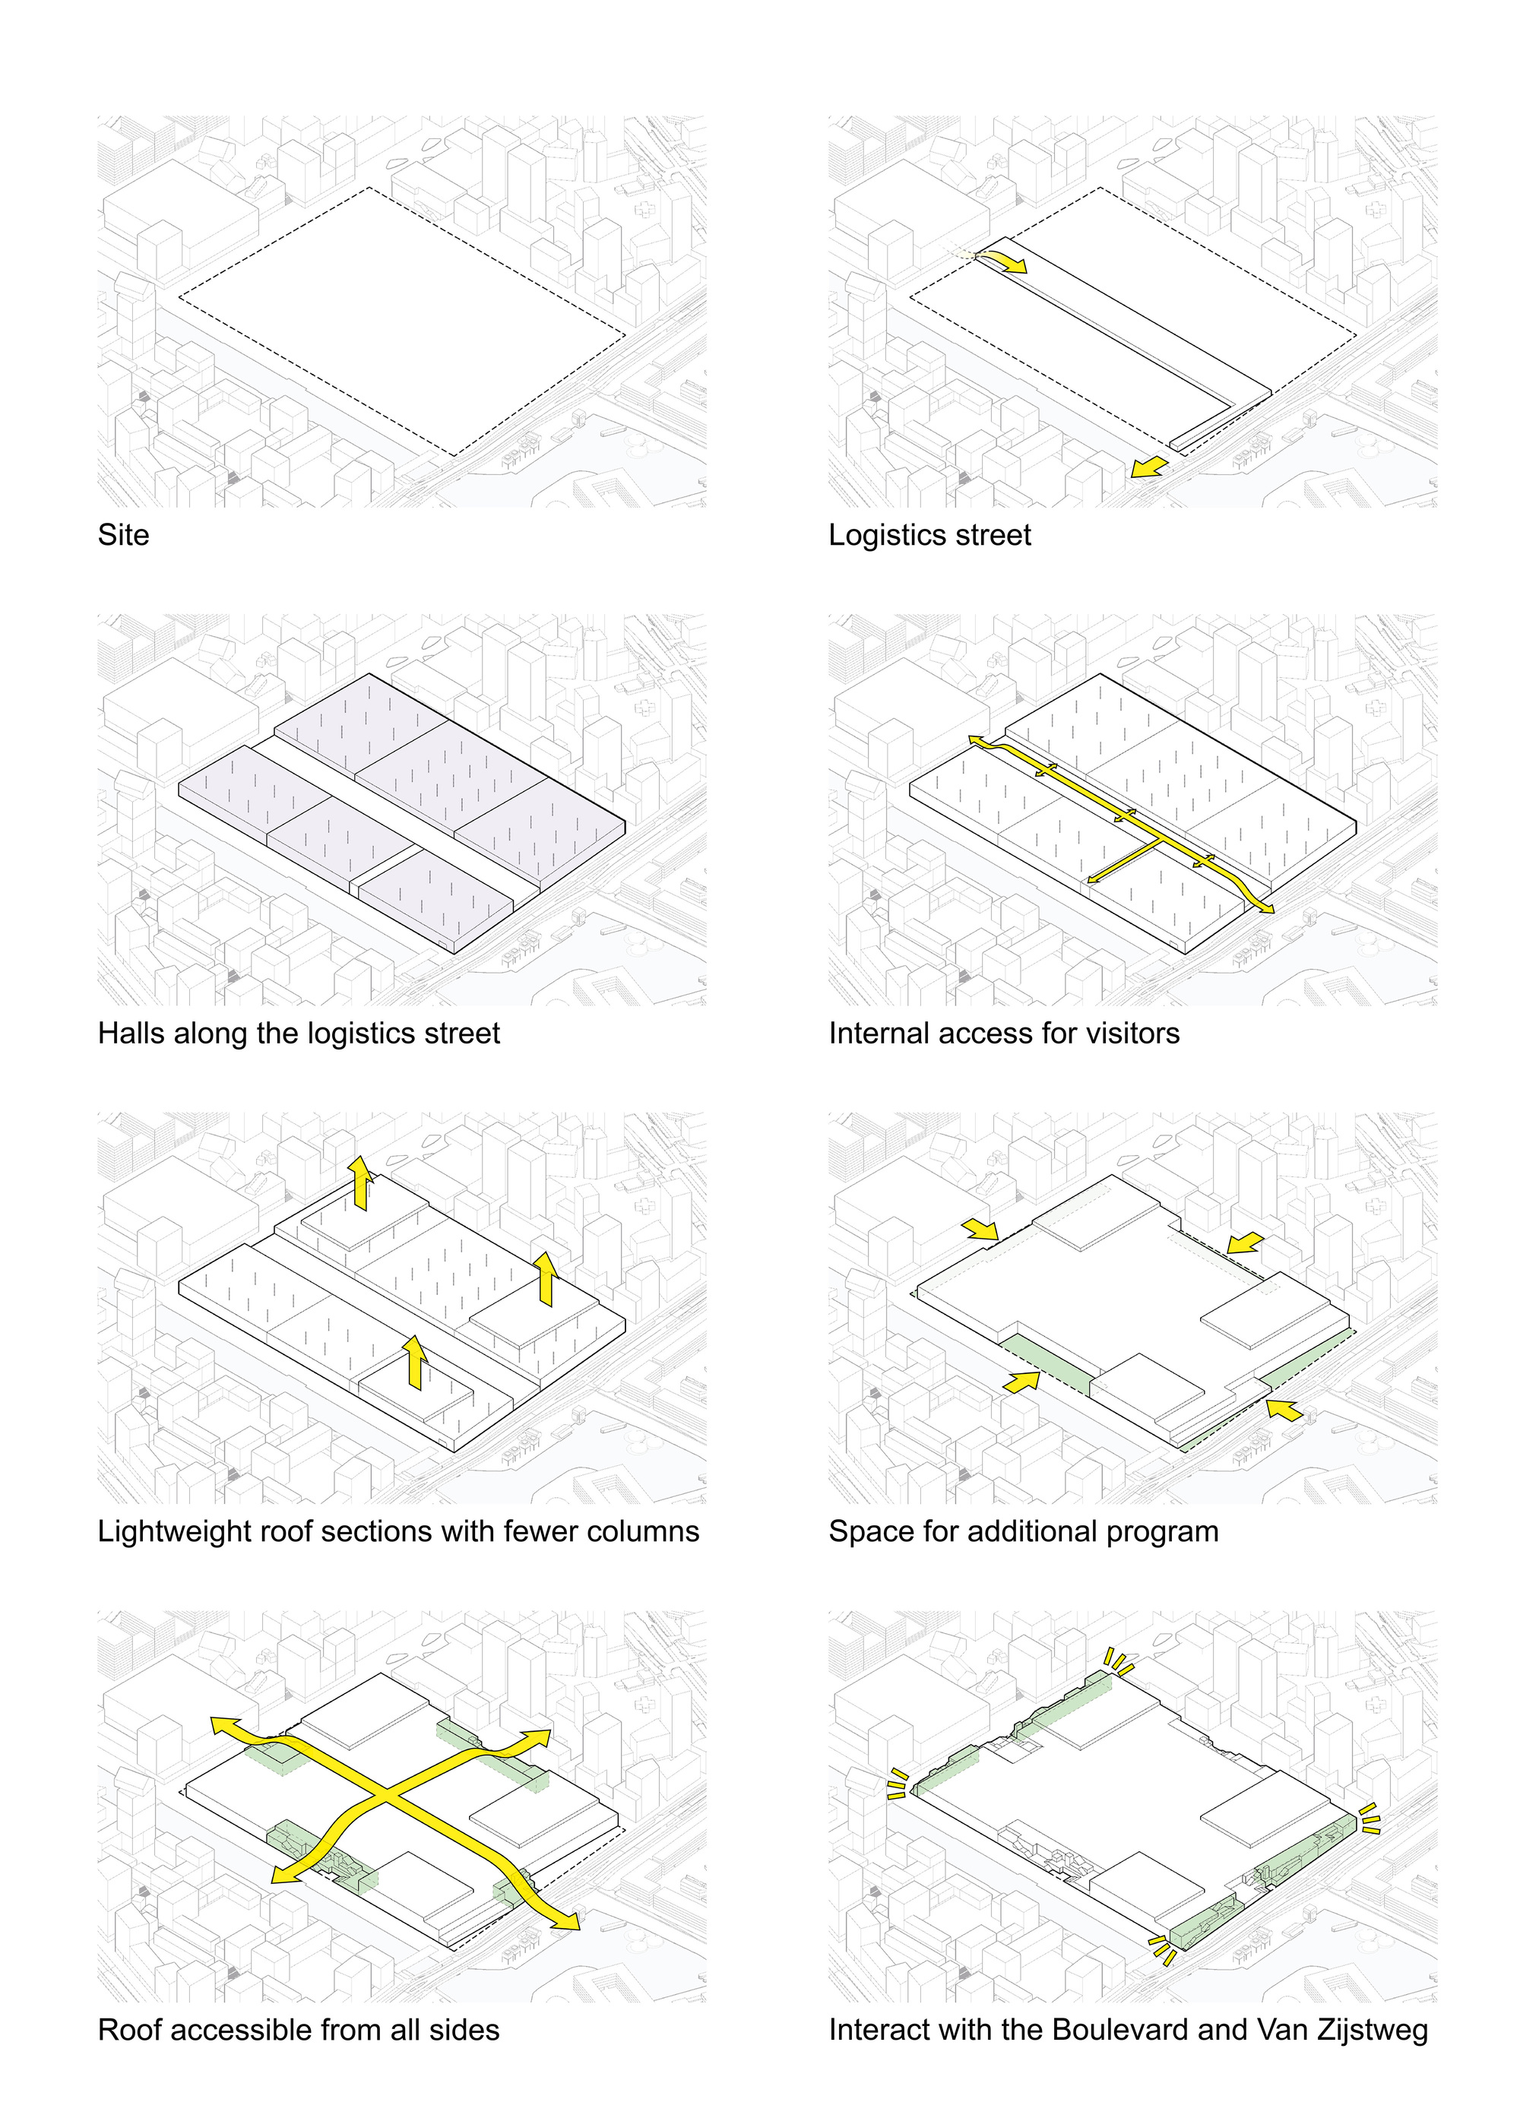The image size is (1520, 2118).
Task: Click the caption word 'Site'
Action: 123,535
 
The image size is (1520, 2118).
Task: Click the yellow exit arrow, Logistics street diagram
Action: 1148,467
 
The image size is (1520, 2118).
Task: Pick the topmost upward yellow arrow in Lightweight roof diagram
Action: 359,1183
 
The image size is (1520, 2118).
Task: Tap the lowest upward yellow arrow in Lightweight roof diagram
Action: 414,1363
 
